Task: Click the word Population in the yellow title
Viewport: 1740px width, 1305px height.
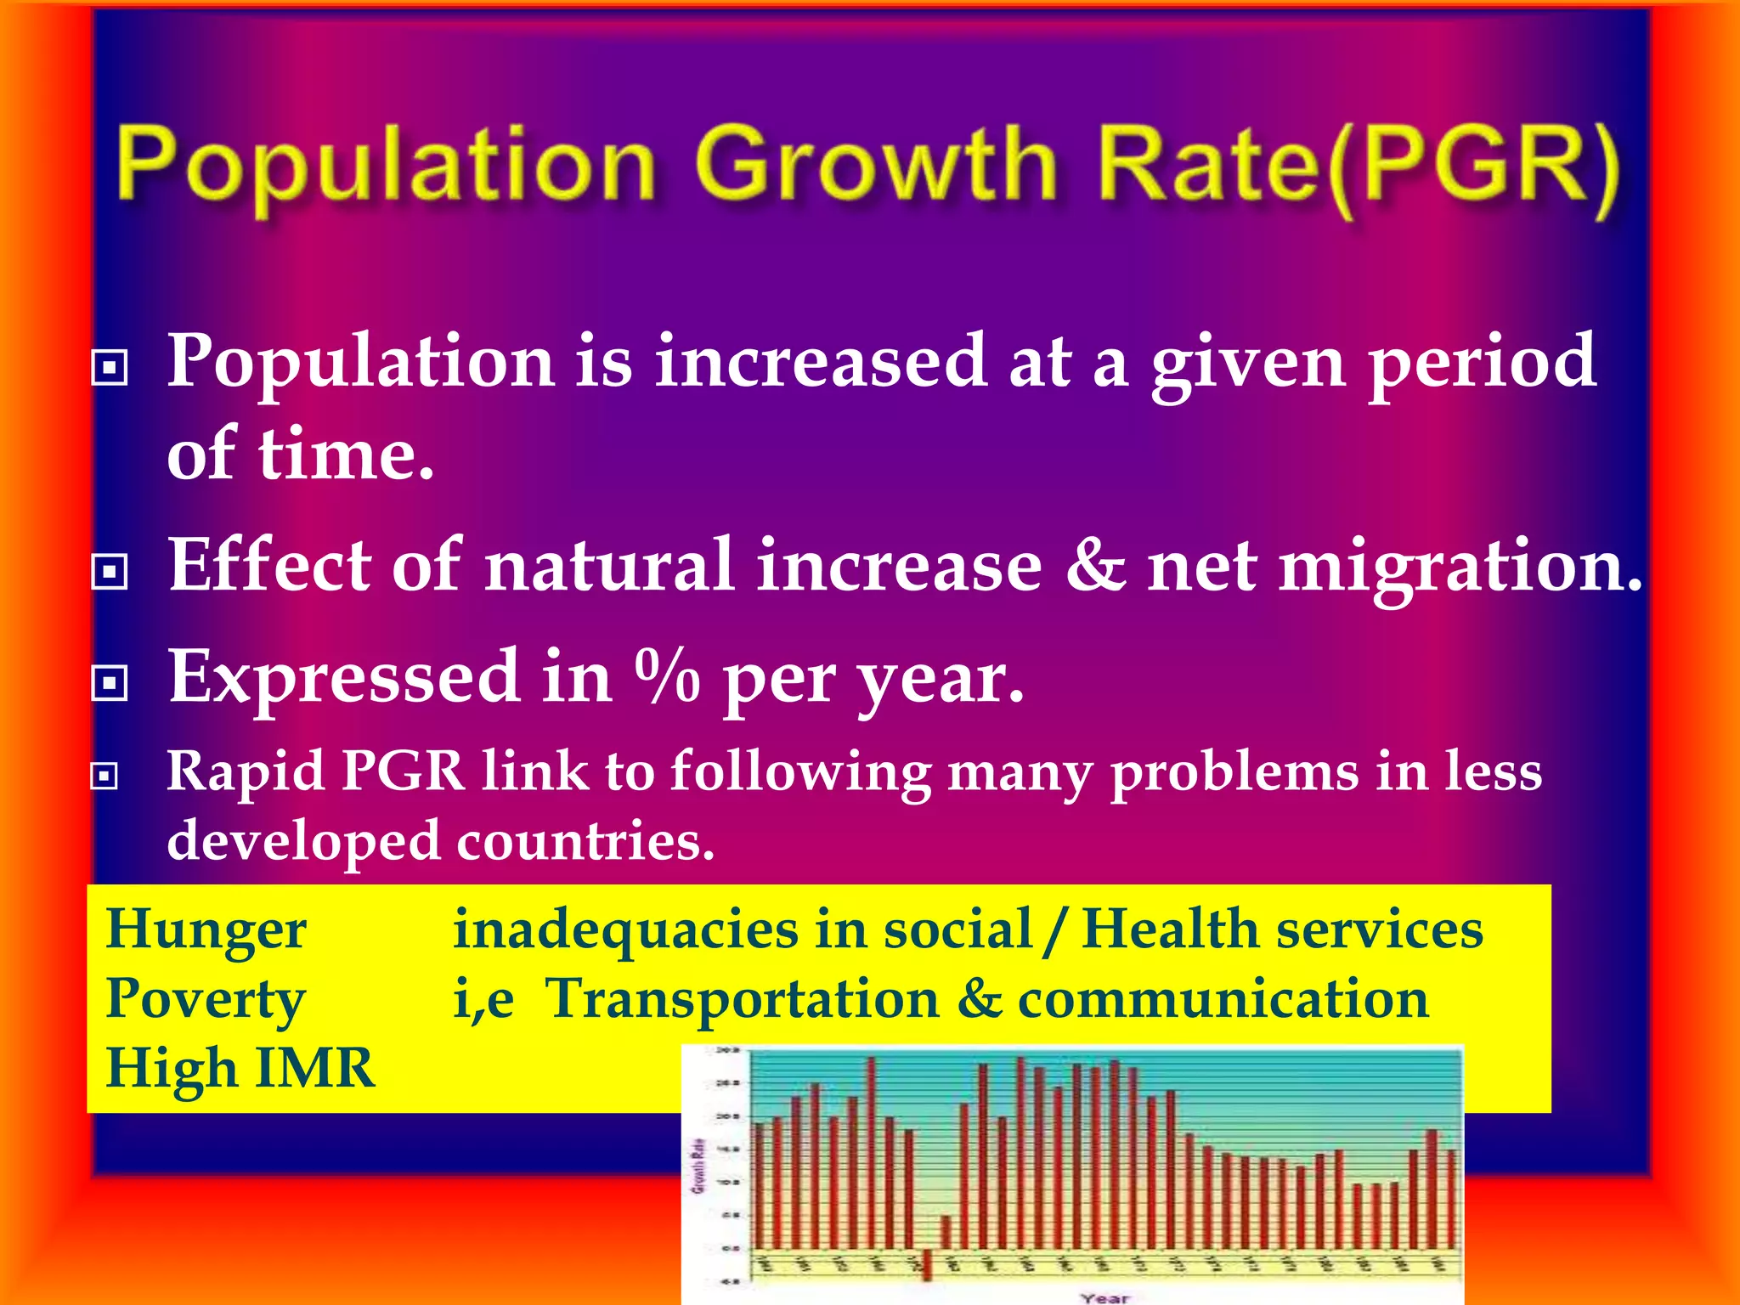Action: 387,166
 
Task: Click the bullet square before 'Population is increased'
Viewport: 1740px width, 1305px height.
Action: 110,368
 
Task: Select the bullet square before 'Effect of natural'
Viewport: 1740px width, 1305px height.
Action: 110,572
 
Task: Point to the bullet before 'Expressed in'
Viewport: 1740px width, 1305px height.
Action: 110,682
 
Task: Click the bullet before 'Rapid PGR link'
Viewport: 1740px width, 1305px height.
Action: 105,776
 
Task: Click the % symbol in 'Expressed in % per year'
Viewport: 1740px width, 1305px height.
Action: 667,677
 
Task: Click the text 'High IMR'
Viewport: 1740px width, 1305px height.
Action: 240,1069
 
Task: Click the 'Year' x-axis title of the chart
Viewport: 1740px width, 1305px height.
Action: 1104,1297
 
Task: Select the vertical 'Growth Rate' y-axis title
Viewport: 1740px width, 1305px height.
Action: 698,1166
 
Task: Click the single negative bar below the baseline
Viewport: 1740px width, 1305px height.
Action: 927,1263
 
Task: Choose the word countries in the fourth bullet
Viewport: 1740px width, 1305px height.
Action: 585,841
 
